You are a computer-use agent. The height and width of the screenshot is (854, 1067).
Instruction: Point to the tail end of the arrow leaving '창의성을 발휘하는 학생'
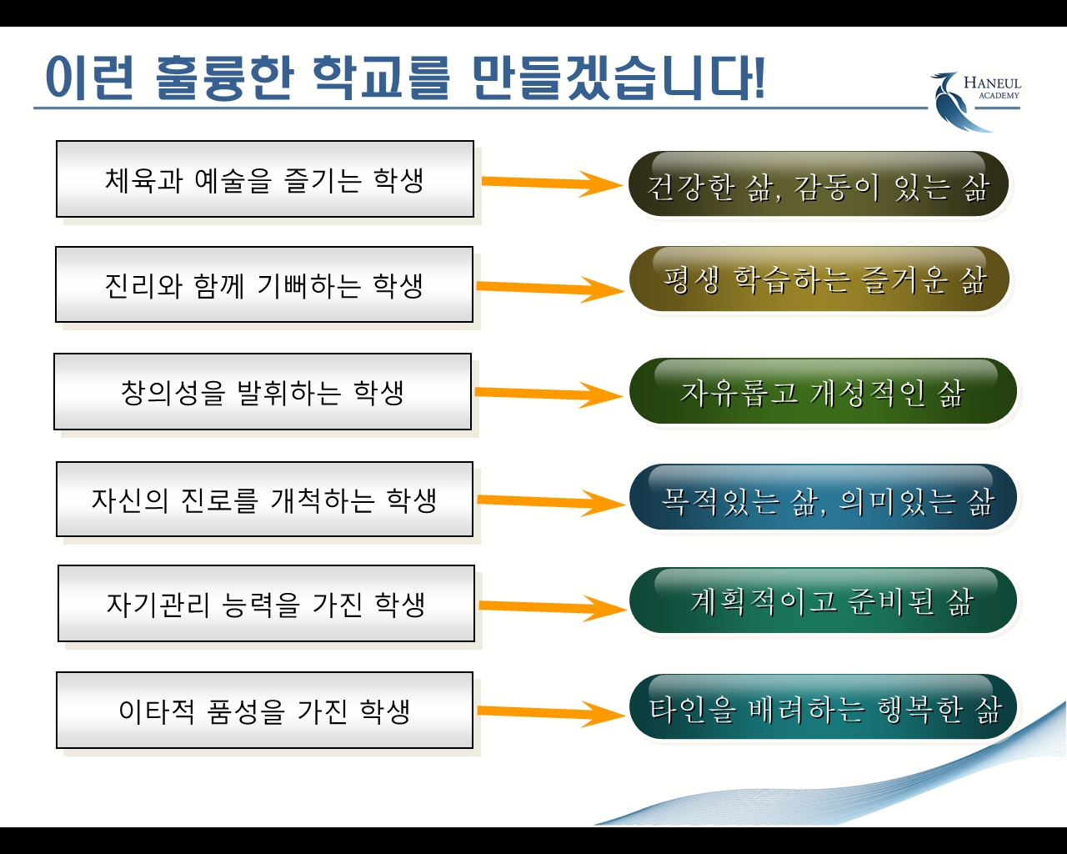click(x=475, y=391)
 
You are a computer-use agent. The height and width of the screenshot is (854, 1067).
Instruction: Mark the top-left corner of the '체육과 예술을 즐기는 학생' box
click(x=56, y=141)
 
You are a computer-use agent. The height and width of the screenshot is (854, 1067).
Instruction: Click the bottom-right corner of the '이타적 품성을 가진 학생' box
click(x=473, y=748)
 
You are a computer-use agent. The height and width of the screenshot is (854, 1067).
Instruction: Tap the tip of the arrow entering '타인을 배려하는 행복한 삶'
click(x=626, y=715)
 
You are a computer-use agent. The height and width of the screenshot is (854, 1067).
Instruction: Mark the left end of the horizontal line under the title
click(x=33, y=108)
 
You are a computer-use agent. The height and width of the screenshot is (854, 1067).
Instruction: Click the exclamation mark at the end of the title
click(x=758, y=78)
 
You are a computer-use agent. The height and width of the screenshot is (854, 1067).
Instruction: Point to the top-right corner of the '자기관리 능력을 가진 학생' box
click(x=474, y=565)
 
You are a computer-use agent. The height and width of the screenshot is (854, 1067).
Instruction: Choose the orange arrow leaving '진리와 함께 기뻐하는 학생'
click(x=550, y=289)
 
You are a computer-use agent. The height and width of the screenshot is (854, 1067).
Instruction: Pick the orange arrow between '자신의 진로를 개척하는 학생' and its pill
click(x=551, y=502)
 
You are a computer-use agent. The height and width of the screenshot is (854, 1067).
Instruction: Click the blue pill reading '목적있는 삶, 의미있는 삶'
click(x=823, y=497)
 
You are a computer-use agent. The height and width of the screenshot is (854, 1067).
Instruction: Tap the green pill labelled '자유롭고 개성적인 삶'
click(x=823, y=391)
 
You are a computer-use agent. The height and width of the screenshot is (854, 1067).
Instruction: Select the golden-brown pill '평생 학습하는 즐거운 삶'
click(x=819, y=279)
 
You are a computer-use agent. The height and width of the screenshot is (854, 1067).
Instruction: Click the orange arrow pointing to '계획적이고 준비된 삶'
click(x=554, y=607)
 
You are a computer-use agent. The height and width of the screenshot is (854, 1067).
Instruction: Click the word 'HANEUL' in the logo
click(x=992, y=83)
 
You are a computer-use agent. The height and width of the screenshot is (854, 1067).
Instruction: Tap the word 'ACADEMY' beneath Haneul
click(x=999, y=95)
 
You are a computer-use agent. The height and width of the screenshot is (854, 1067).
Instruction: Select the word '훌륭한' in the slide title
click(x=224, y=78)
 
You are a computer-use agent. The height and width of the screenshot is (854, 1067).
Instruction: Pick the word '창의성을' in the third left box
click(x=173, y=393)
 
